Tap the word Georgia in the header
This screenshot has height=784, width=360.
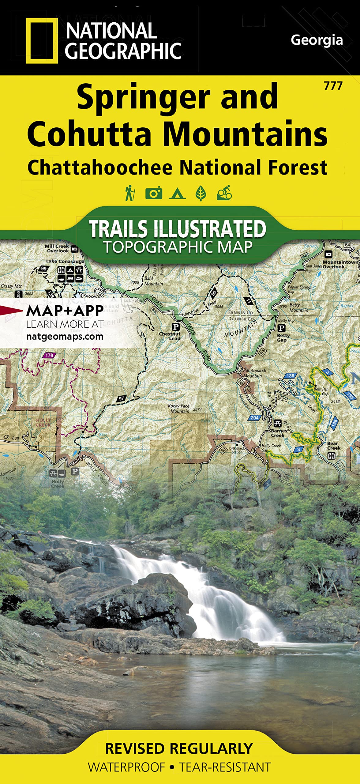317,40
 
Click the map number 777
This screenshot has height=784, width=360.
333,86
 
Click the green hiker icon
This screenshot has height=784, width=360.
130,193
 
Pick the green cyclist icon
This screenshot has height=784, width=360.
224,193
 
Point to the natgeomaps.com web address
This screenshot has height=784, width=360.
65,337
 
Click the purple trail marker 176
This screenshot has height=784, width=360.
49,355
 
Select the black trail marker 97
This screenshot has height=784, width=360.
122,398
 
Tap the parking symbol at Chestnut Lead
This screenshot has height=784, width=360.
176,327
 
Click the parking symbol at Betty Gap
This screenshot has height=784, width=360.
281,328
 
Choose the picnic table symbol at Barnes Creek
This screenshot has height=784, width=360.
277,424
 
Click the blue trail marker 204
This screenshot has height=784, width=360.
254,418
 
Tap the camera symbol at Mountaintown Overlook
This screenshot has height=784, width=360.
328,254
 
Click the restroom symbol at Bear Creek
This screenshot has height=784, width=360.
331,456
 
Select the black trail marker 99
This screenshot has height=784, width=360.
44,269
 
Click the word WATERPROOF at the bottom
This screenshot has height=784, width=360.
126,767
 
